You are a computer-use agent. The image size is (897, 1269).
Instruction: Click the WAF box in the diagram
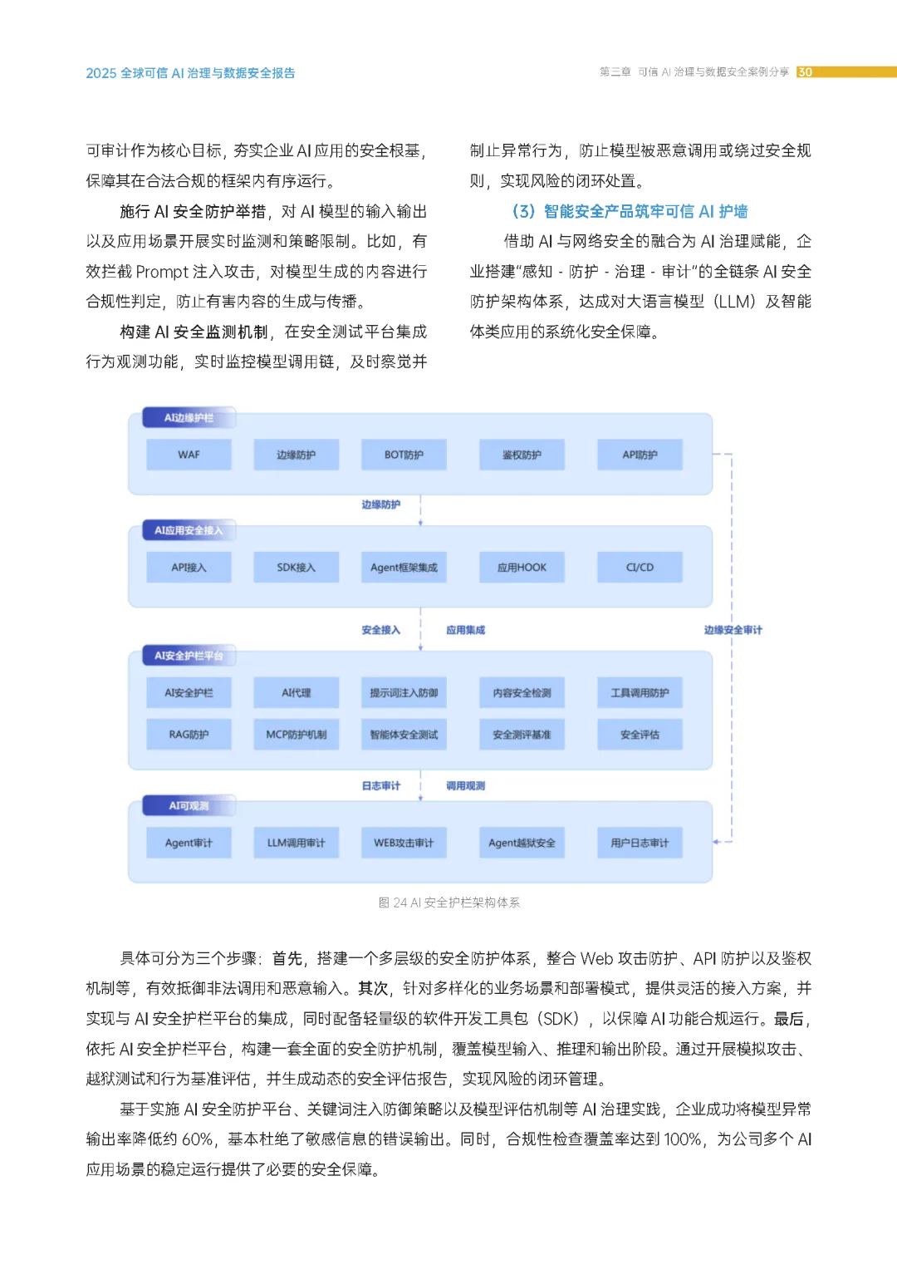pos(189,455)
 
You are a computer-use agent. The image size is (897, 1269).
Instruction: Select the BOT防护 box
pos(404,455)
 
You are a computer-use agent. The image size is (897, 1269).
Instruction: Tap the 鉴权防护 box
pos(522,455)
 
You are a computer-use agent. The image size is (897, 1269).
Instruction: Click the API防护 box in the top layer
pos(640,455)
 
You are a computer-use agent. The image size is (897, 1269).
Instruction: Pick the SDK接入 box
pos(296,568)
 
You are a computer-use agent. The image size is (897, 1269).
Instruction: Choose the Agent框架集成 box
pos(404,568)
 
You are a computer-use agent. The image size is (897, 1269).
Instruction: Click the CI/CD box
pos(640,568)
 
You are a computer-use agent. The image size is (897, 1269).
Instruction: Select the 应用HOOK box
pos(522,568)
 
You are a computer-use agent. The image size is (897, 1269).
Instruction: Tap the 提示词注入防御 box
pos(404,692)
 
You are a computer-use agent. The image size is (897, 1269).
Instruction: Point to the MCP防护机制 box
pos(296,735)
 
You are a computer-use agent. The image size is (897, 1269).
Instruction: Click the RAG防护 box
pos(189,735)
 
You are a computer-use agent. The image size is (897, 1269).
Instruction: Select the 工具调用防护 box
pos(640,692)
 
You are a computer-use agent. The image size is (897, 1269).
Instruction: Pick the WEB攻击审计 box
pos(404,843)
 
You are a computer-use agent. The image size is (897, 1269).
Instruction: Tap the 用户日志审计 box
pos(640,843)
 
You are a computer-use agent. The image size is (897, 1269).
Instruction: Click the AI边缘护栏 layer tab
pos(189,418)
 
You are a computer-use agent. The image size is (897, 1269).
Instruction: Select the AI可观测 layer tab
pos(189,806)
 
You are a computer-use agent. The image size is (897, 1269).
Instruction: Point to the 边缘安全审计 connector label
pos(733,630)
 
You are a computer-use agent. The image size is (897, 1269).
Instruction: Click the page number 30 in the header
pos(805,72)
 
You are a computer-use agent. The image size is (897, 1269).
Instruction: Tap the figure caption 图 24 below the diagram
pos(448,903)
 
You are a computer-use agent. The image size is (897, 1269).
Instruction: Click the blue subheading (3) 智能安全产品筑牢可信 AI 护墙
pos(630,211)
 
